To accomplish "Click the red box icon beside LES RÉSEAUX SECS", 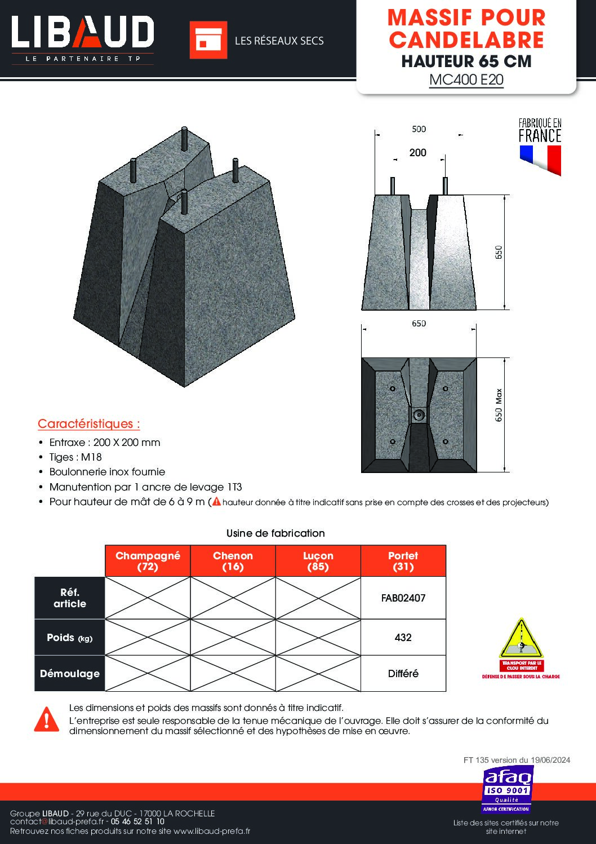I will point(208,40).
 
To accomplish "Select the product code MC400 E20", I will point(466,79).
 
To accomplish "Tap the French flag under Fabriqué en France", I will point(540,159).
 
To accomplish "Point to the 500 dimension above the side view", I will point(419,129).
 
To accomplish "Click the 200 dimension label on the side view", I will point(417,153).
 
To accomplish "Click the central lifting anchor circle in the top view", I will point(419,415).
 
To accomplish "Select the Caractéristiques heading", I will point(89,424).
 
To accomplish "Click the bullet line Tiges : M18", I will point(75,457).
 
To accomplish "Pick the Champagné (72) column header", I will point(148,561).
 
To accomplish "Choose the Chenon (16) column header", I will point(233,561).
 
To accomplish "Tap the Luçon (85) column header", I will point(318,561).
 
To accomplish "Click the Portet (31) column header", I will point(403,561).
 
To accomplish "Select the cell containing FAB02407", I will point(403,598).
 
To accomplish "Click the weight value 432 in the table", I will point(403,638).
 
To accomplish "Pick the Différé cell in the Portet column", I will point(403,674).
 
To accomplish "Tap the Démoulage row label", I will point(70,674).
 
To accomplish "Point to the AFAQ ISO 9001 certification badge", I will point(506,789).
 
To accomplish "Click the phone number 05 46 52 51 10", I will point(137,822).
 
